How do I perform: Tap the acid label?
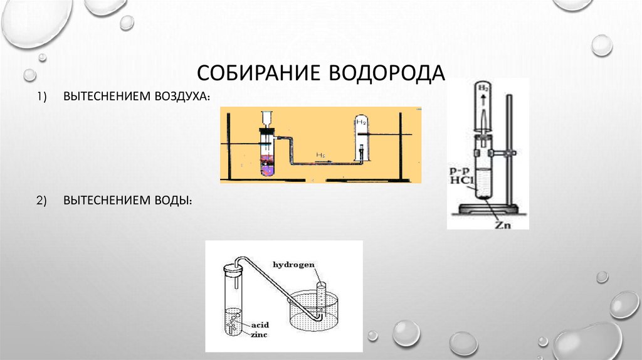[259, 325]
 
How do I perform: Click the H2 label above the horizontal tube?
[320, 156]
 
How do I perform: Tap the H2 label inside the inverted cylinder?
[361, 122]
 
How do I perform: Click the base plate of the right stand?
[488, 209]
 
